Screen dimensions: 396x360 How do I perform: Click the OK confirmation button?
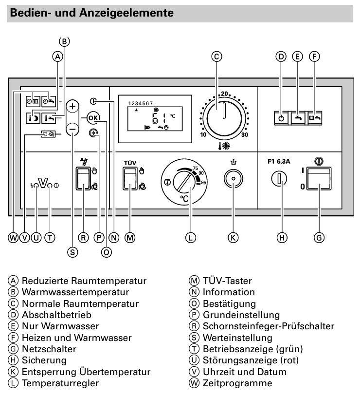[93, 117]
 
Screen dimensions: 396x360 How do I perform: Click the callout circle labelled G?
[319, 237]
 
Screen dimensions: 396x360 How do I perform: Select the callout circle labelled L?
[191, 237]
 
